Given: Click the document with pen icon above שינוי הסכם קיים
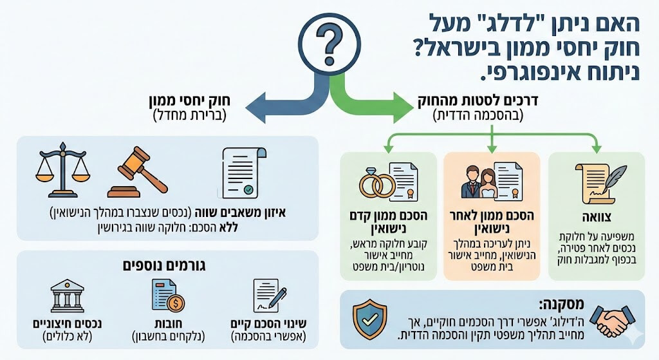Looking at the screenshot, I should (269, 296).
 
